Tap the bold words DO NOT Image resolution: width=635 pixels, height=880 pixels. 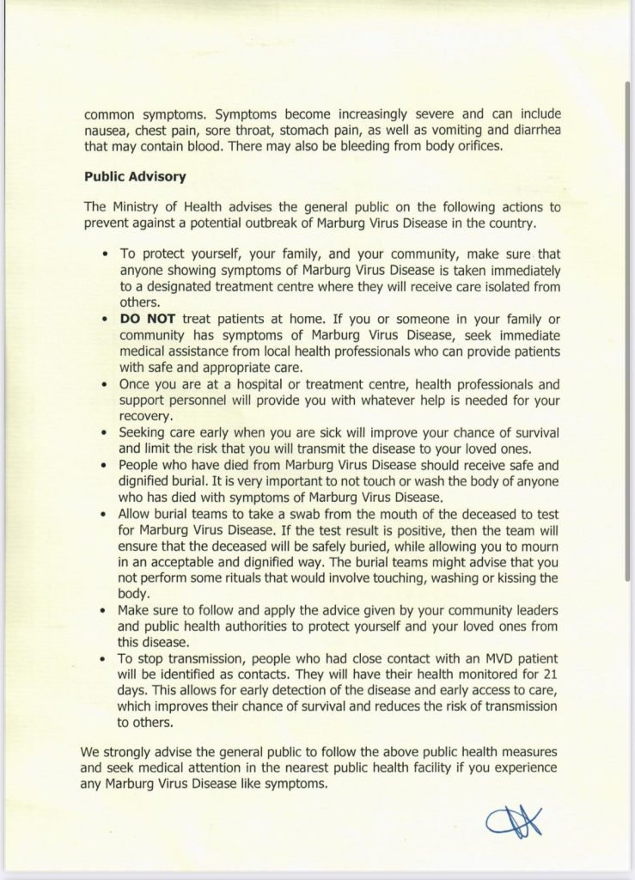pyautogui.click(x=148, y=316)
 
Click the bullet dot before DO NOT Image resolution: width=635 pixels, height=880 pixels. pyautogui.click(x=104, y=317)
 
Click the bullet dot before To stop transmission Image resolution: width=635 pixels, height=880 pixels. pyautogui.click(x=104, y=659)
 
